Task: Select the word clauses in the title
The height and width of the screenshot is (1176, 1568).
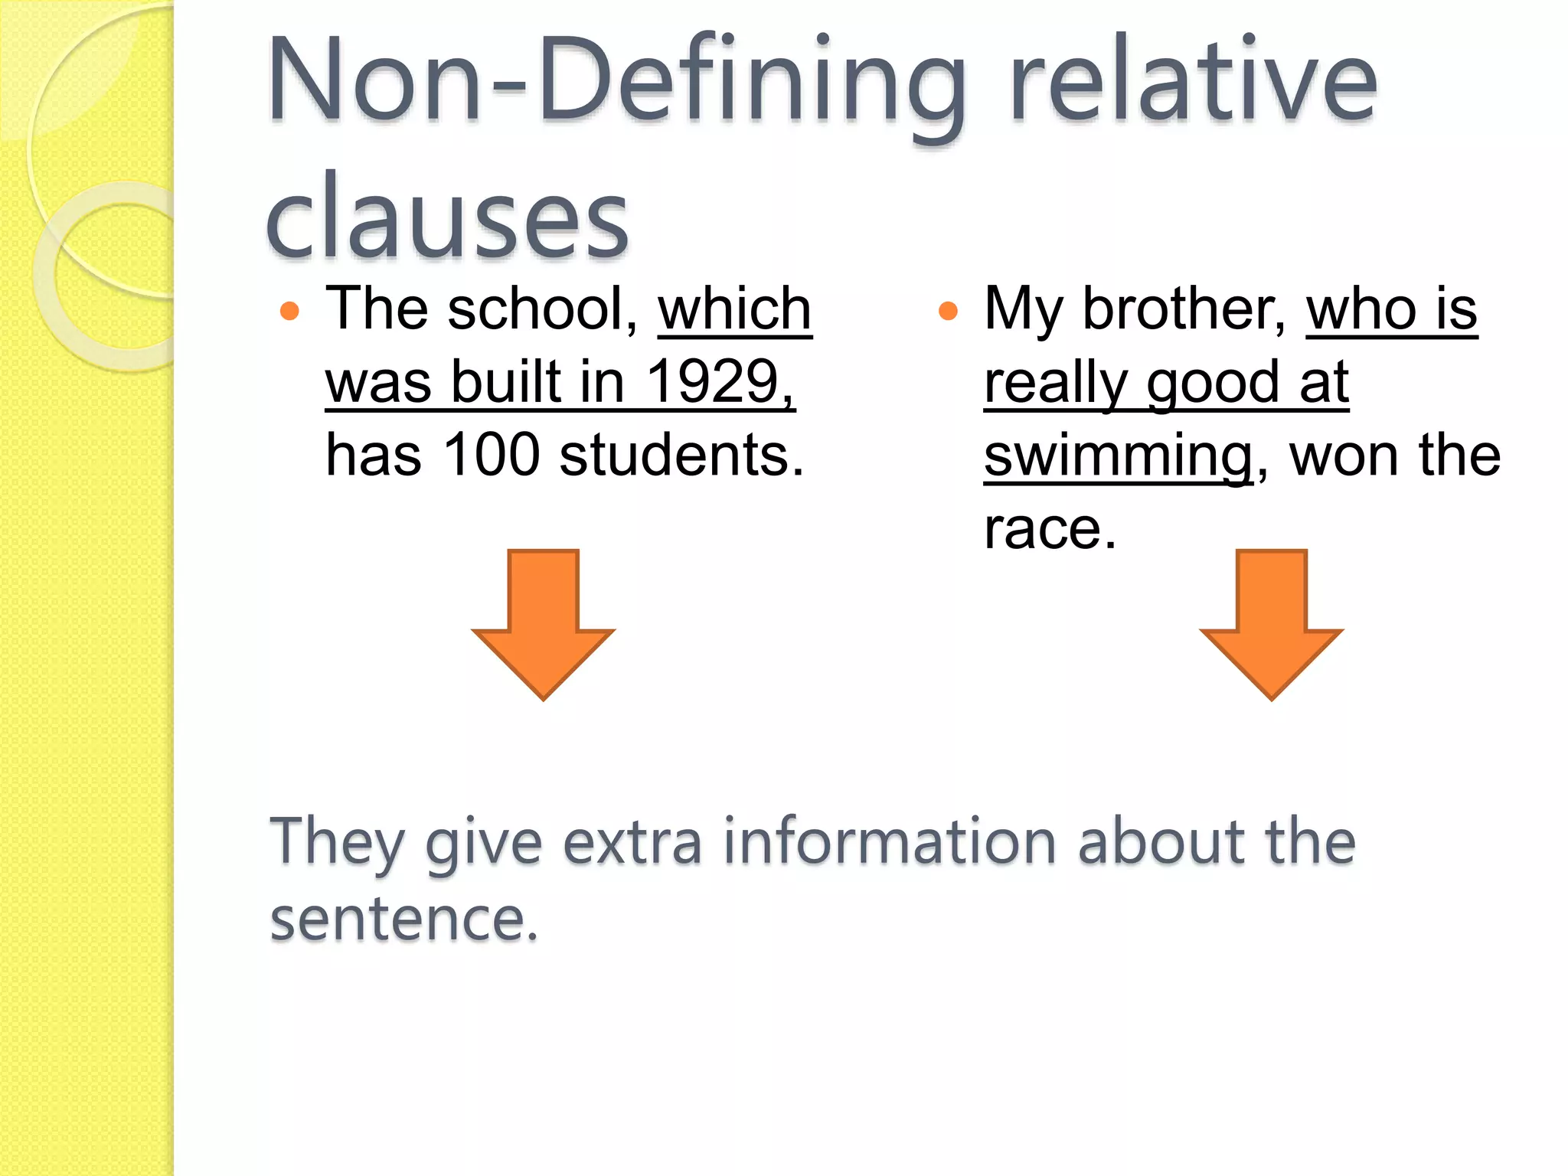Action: click(447, 218)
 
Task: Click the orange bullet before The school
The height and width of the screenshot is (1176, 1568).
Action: click(289, 311)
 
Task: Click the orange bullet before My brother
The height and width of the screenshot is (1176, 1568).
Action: click(948, 311)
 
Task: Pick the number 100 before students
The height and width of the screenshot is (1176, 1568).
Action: click(492, 456)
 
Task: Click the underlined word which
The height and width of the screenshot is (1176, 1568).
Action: click(734, 309)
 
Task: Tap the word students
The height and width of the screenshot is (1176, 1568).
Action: click(681, 456)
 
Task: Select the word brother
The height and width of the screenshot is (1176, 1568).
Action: click(1184, 309)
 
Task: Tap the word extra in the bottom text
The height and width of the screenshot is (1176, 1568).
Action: click(632, 842)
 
